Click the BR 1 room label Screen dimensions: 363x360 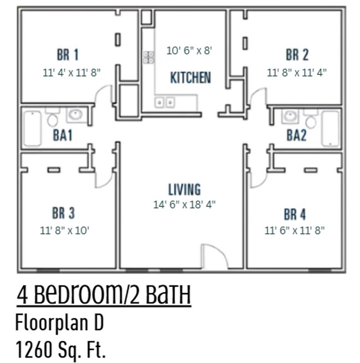[x=68, y=55]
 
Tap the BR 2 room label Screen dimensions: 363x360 [x=297, y=55]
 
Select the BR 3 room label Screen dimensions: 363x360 [x=63, y=213]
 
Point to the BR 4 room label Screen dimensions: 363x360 [x=295, y=214]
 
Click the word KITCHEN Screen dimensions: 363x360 [x=190, y=78]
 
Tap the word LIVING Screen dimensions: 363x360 [x=184, y=190]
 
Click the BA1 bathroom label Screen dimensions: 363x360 [x=63, y=135]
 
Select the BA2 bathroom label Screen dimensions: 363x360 [x=296, y=135]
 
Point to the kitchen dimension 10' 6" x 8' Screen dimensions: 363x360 [x=189, y=50]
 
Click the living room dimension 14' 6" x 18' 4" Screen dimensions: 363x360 [x=184, y=204]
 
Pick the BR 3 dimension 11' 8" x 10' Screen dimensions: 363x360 [x=64, y=230]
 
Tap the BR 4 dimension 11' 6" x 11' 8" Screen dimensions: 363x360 [x=294, y=230]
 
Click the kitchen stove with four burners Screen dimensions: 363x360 [x=149, y=57]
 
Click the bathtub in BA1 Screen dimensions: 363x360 [x=32, y=128]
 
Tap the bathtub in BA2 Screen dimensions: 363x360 [x=331, y=128]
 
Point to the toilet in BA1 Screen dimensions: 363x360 [x=53, y=119]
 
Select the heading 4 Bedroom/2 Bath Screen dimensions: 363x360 [x=104, y=295]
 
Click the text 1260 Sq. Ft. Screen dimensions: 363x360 [x=61, y=349]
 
